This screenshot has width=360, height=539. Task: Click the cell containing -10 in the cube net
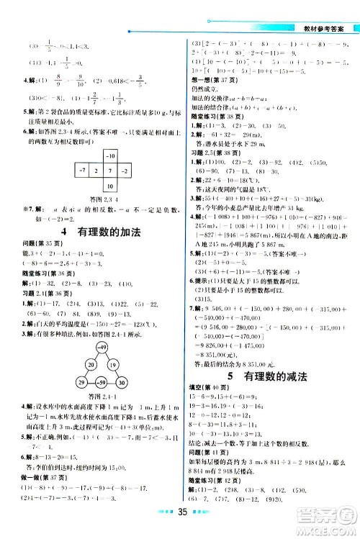click(x=110, y=176)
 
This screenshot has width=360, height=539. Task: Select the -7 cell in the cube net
click(x=84, y=191)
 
